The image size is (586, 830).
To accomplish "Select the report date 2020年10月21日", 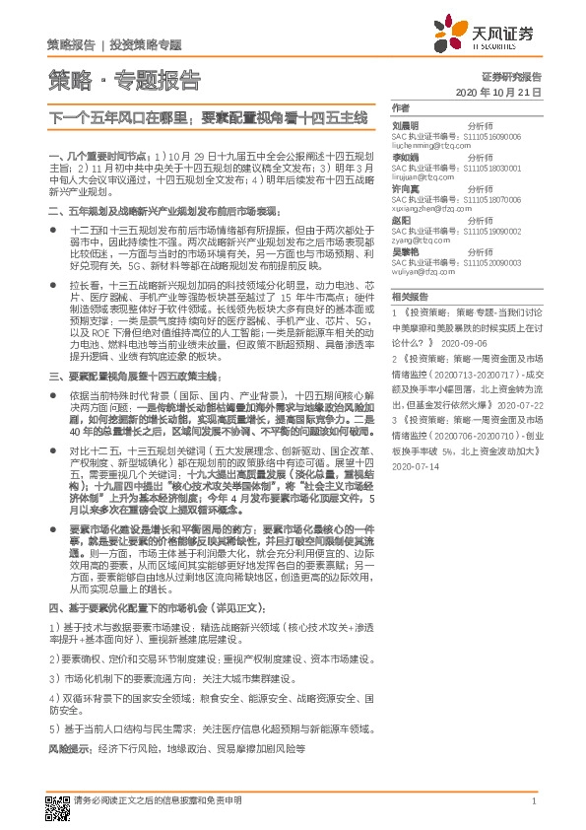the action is coord(499,92).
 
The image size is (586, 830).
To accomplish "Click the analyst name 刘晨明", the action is coord(405,126).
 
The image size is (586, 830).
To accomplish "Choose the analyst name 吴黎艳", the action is coord(405,253).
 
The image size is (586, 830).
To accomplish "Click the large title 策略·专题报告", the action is coord(125,80).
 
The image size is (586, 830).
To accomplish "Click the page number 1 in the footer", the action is coord(532,801).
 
